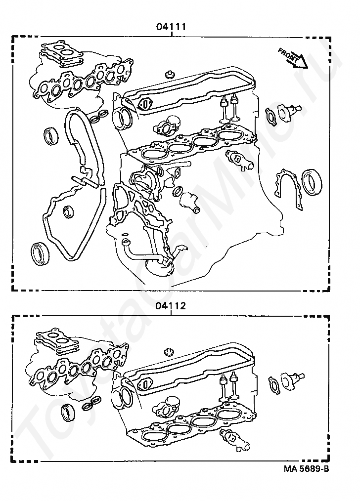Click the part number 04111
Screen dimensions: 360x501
tap(171, 27)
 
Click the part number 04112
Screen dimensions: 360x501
tap(171, 306)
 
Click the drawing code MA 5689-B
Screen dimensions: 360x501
tap(306, 469)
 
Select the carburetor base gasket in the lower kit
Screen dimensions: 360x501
tap(57, 341)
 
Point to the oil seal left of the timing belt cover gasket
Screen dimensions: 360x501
tap(51, 136)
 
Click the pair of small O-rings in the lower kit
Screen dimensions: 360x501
tap(91, 404)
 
